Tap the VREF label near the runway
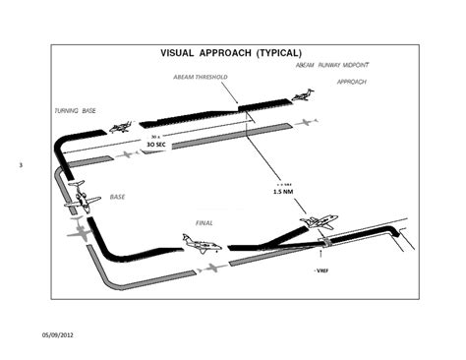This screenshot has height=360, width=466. (x=320, y=268)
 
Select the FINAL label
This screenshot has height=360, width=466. (x=204, y=223)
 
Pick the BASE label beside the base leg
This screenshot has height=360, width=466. (x=117, y=197)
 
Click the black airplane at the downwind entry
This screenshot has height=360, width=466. (x=302, y=95)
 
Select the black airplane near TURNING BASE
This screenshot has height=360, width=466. (x=123, y=128)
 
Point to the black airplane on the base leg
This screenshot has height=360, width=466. (x=82, y=203)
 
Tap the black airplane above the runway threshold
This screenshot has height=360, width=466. (x=320, y=223)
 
